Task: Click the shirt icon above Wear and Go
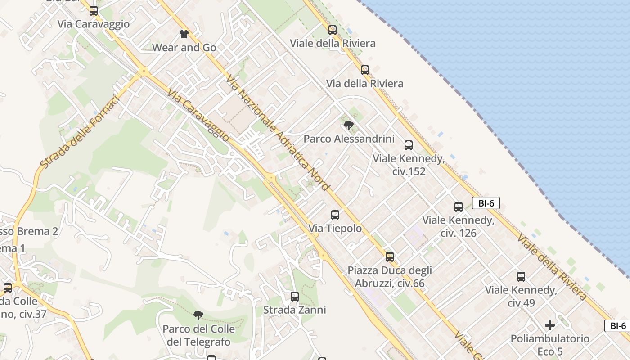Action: tap(184, 34)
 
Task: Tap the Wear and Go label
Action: tap(184, 47)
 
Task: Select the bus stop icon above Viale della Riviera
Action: tap(333, 30)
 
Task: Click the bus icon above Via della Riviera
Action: tap(365, 70)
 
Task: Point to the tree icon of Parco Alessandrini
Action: tap(348, 126)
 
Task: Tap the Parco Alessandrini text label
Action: tap(349, 139)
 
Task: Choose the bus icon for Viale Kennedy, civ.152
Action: tap(409, 145)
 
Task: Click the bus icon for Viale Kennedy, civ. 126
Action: tap(459, 207)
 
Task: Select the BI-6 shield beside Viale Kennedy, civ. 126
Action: tap(486, 203)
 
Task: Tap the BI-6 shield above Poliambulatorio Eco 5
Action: tap(618, 326)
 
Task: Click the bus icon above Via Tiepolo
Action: tap(335, 215)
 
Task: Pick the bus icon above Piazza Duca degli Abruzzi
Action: tap(390, 257)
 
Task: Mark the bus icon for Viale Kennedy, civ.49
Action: tap(521, 277)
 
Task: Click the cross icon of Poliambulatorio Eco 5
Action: tap(550, 325)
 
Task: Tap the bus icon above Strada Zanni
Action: tap(295, 297)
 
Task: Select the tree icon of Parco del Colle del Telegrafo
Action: tap(198, 315)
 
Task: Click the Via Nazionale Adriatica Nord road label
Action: tap(279, 133)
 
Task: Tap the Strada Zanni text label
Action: tap(294, 310)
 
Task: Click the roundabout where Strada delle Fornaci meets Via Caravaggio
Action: tap(143, 71)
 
